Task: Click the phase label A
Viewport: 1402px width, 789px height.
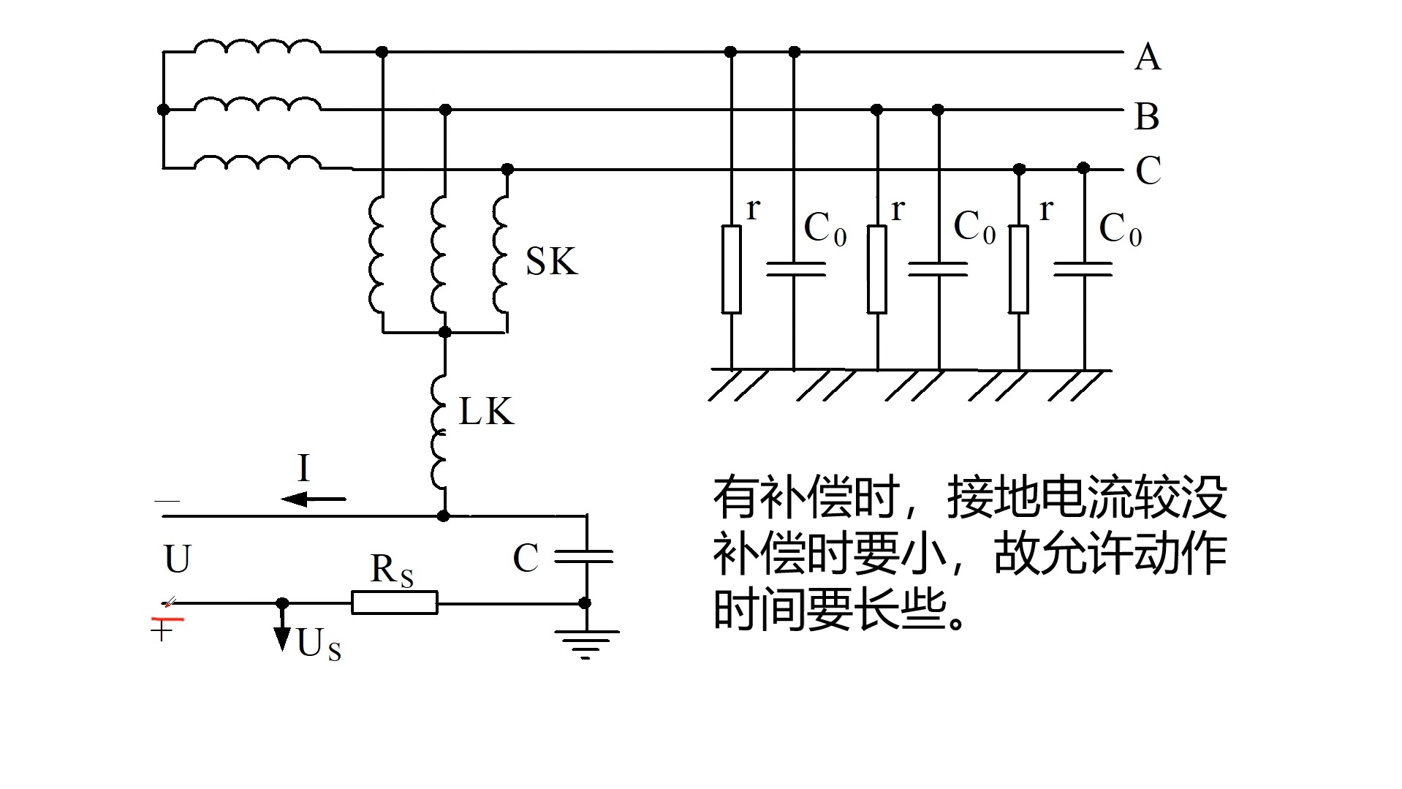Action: tap(1148, 57)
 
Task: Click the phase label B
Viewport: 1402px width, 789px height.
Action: tap(1147, 117)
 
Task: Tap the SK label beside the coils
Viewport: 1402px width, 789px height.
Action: tap(551, 262)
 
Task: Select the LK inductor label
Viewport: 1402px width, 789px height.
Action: tap(486, 412)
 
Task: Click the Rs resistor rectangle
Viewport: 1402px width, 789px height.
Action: tap(395, 603)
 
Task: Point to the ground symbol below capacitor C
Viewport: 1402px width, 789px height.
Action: tap(586, 643)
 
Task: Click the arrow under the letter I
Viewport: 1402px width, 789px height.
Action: tap(313, 499)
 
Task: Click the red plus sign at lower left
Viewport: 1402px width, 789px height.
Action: tap(162, 630)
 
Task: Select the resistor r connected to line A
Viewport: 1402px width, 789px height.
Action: tap(731, 269)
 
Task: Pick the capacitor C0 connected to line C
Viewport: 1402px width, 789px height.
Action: tap(1083, 269)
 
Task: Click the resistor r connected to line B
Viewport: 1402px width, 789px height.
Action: tap(877, 269)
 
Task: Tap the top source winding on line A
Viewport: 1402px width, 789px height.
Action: tap(257, 48)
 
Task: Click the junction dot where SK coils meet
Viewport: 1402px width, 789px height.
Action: tap(444, 332)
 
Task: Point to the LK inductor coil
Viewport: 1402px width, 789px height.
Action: tap(439, 431)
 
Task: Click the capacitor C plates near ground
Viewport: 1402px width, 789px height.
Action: tap(584, 557)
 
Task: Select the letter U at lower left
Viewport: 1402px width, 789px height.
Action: tap(178, 559)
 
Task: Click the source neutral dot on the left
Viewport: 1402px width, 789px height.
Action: tap(163, 110)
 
